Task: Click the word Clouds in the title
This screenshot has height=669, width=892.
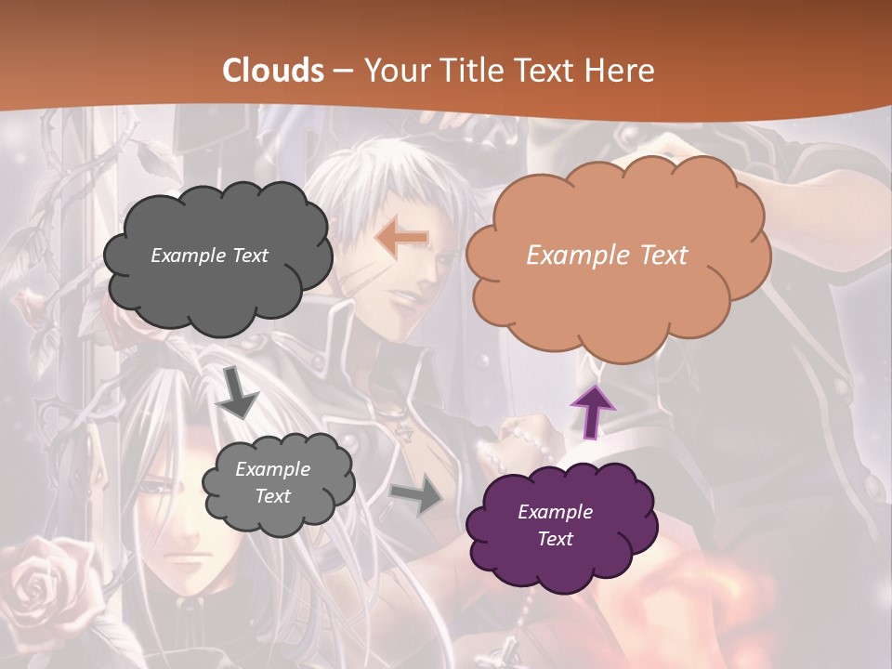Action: [273, 71]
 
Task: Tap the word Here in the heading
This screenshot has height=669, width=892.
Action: [622, 71]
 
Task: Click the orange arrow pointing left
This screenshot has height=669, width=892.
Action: [401, 238]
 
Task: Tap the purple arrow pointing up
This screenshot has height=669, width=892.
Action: [593, 411]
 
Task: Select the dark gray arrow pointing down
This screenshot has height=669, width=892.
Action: [237, 392]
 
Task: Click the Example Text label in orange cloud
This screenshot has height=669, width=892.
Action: [607, 255]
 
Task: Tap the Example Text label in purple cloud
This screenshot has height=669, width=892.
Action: [555, 525]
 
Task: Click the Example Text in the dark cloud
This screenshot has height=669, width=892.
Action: [209, 255]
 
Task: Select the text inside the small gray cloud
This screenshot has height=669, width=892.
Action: [272, 482]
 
